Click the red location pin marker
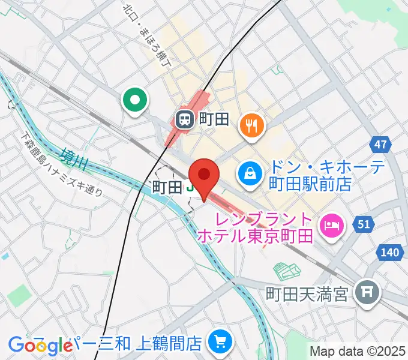(203, 175)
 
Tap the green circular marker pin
(135, 100)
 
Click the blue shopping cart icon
(217, 343)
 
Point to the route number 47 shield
(380, 145)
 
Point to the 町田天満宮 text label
(307, 293)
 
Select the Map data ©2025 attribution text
(357, 350)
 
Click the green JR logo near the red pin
(190, 187)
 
